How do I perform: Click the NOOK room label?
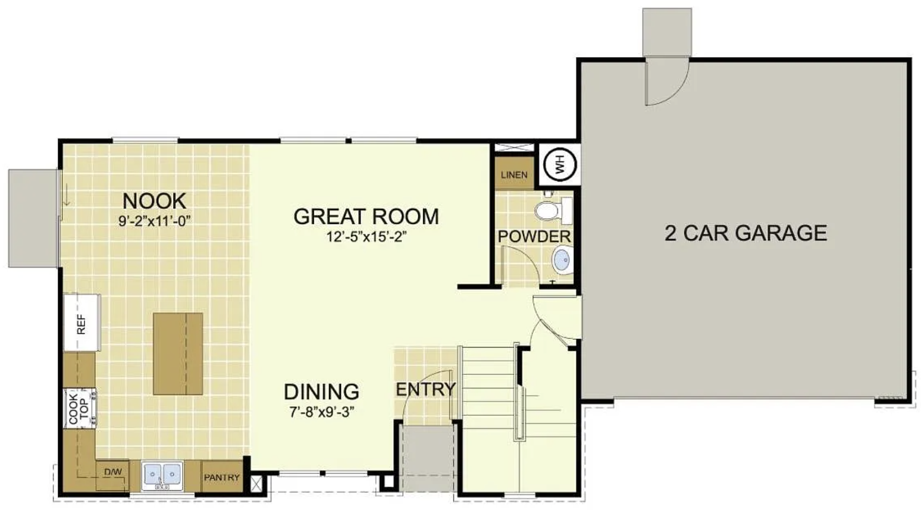155,201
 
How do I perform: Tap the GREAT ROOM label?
366,217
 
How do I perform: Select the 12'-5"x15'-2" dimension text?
366,237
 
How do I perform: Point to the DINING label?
321,391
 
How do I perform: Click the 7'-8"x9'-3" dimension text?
321,412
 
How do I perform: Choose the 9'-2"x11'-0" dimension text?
155,221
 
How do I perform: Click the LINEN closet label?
514,175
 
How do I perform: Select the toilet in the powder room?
554,211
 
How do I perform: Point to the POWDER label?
534,236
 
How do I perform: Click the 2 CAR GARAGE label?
746,233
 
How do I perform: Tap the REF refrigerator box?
82,322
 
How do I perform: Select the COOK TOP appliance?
80,408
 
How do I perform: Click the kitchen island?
178,353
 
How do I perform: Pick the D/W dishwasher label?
112,472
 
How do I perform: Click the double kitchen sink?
162,475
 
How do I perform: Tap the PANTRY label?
222,477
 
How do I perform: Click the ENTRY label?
425,389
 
